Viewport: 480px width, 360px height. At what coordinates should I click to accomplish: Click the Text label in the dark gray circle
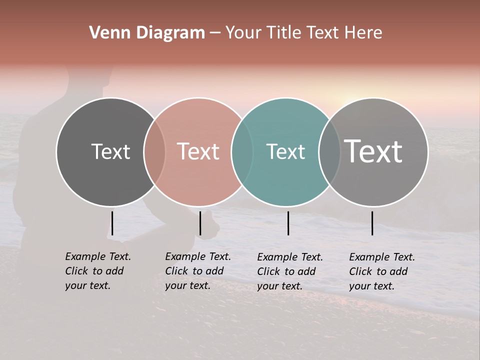[x=110, y=151]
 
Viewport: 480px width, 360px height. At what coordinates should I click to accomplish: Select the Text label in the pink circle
[x=198, y=151]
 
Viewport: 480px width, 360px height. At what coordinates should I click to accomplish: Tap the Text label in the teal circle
[x=285, y=151]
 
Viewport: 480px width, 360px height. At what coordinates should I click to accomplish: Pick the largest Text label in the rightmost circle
[x=373, y=151]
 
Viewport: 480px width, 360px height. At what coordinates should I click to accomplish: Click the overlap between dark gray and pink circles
[x=154, y=151]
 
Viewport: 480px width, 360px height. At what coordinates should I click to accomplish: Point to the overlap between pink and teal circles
[x=242, y=151]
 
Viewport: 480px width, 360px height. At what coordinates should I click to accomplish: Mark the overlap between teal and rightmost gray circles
[x=329, y=151]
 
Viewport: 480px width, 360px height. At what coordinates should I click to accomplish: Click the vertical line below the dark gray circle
[x=112, y=223]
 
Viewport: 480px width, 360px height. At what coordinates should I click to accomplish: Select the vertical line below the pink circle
[x=200, y=223]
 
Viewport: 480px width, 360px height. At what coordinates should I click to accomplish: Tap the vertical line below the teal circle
[x=288, y=223]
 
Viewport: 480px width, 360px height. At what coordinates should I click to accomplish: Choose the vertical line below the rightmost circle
[x=372, y=223]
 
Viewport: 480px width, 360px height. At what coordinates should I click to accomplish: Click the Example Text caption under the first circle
[x=97, y=271]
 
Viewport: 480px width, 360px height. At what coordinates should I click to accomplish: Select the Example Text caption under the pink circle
[x=197, y=271]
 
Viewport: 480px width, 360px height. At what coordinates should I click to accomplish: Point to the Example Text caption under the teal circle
[x=289, y=271]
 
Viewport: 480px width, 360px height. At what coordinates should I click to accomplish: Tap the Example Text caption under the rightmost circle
[x=381, y=271]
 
